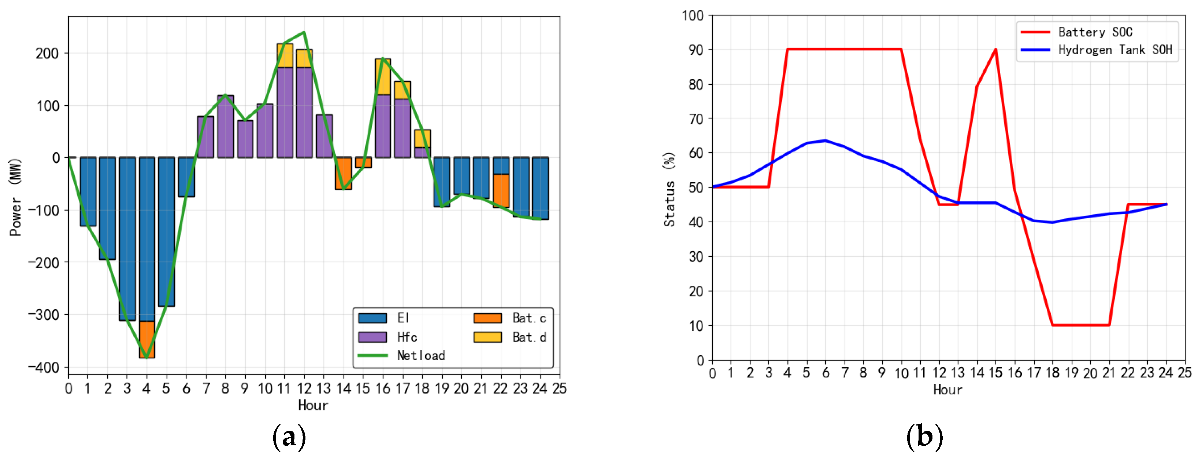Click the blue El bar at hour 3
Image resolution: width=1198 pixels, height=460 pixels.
pos(127,238)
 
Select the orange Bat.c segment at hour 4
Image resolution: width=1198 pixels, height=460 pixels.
pos(147,339)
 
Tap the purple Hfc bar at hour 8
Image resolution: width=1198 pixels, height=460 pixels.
pos(226,127)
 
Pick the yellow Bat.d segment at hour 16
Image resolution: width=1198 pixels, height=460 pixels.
pos(383,77)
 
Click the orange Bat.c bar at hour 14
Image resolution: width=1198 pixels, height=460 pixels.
pos(344,173)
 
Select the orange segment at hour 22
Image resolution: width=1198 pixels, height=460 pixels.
pos(501,190)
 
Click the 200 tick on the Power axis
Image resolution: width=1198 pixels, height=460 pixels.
pos(48,54)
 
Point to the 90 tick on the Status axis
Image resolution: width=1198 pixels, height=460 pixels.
pos(696,50)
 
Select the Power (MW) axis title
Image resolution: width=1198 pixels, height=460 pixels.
pos(15,197)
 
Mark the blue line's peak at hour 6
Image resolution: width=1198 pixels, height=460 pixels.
pos(826,140)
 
